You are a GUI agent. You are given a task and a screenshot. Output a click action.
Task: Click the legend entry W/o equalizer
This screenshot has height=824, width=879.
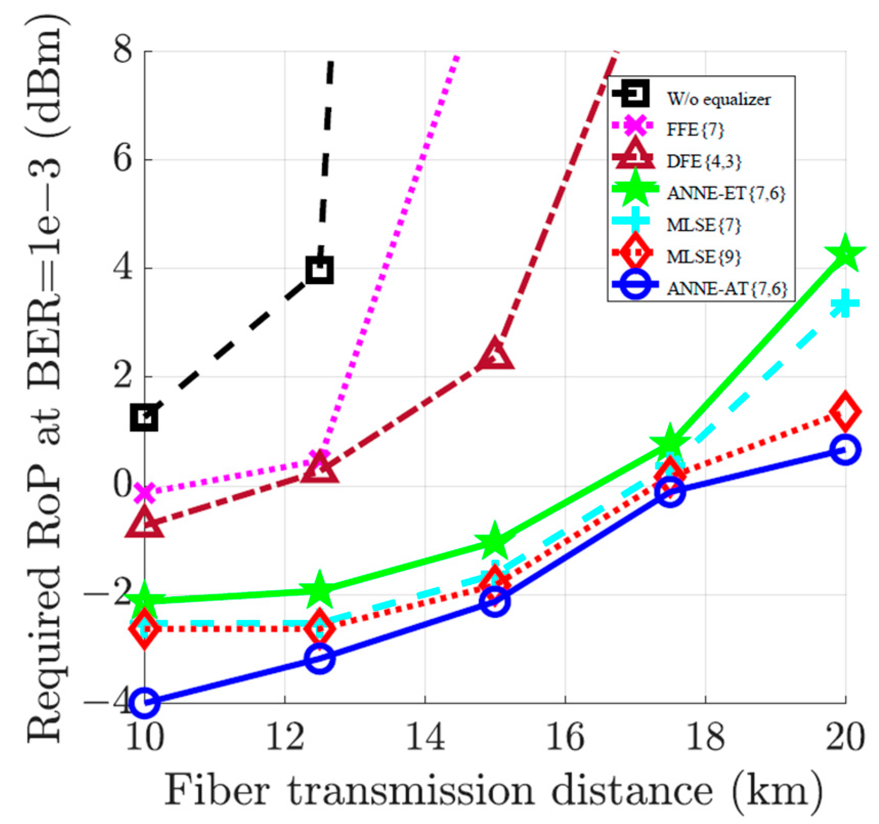pyautogui.click(x=718, y=99)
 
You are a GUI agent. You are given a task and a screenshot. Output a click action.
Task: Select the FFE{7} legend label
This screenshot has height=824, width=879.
pyautogui.click(x=695, y=129)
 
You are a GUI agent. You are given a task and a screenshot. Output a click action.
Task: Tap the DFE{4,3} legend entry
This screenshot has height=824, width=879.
pyautogui.click(x=704, y=161)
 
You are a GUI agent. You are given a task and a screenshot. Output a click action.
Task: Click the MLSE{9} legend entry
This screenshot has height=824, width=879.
pyautogui.click(x=704, y=256)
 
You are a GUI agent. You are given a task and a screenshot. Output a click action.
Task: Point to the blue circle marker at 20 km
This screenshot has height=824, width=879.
pyautogui.click(x=845, y=450)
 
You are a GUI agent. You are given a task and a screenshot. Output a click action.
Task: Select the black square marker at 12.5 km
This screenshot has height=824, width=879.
pyautogui.click(x=320, y=270)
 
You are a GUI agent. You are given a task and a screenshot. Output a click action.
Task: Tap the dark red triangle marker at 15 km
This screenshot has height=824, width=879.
pyautogui.click(x=495, y=355)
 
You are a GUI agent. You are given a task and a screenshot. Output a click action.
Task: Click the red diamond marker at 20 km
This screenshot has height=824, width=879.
pyautogui.click(x=845, y=411)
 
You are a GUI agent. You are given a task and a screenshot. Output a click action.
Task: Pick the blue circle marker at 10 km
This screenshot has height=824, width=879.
pyautogui.click(x=144, y=702)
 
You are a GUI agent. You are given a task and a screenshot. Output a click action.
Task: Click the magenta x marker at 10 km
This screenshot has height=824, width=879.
pyautogui.click(x=145, y=493)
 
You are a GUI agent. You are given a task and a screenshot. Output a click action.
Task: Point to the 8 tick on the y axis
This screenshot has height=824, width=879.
pyautogui.click(x=123, y=51)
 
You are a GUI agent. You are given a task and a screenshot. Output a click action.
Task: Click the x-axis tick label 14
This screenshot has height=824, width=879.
pyautogui.click(x=425, y=737)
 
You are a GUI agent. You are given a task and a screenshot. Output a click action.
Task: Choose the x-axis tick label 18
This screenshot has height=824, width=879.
pyautogui.click(x=705, y=737)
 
